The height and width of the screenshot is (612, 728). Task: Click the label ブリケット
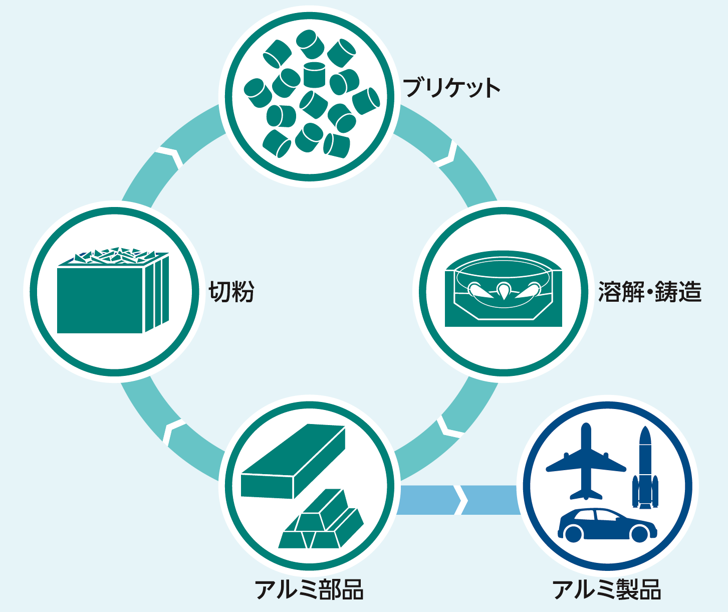pos(451,88)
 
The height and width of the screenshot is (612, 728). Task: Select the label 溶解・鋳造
pos(650,292)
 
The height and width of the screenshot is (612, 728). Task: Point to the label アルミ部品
pos(309,589)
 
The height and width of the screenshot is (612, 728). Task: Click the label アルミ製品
pos(607,589)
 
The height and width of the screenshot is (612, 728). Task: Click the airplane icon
pos(586,464)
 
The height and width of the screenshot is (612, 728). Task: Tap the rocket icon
pos(645,469)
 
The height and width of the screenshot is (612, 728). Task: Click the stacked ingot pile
pos(321,524)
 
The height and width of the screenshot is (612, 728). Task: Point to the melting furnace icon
pos(504,290)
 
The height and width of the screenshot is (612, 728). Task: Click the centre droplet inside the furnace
pos(503,290)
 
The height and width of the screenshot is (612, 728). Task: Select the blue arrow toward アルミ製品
pos(458,500)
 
